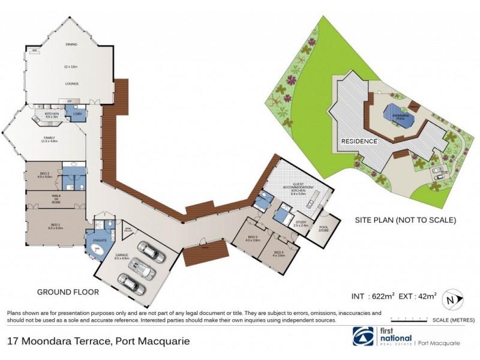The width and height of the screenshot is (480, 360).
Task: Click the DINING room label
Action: coord(71,44)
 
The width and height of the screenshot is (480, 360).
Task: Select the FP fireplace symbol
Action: coord(61,101)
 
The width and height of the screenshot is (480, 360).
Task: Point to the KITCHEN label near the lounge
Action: coord(51,113)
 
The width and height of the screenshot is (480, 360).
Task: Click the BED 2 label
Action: coord(46,173)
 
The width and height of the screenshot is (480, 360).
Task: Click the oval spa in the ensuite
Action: coord(95,250)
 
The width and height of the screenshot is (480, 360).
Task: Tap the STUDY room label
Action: coord(301,223)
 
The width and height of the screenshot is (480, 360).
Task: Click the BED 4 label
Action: coord(278,253)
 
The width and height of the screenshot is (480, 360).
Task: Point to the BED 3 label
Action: coord(253,238)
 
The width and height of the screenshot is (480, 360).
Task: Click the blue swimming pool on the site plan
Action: coord(398,115)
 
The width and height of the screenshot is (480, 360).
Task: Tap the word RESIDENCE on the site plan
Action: coord(359,142)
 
